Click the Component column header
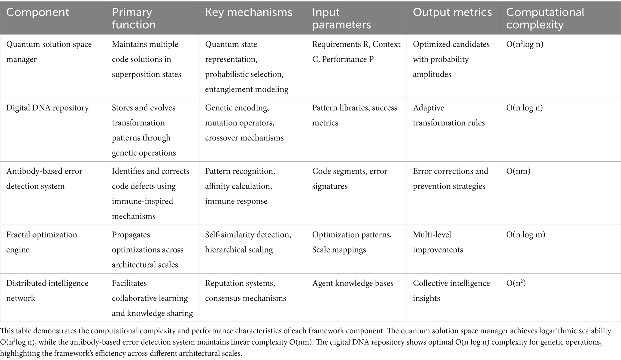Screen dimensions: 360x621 point(38,12)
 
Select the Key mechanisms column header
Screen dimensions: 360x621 point(248,12)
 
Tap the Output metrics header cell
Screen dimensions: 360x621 point(452,12)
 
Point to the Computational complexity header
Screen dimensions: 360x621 point(545,18)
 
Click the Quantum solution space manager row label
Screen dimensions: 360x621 point(49,52)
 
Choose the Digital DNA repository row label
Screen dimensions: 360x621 point(47,108)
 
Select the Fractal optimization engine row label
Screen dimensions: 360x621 point(41,242)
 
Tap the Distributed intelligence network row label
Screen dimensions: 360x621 point(47,291)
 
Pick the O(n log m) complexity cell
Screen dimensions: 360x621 point(526,235)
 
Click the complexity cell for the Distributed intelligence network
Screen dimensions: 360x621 point(516,283)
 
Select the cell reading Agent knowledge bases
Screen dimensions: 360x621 point(353,283)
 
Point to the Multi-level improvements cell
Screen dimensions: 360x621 point(438,242)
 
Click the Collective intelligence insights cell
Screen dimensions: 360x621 point(451,291)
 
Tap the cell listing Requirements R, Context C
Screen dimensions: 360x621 point(356,52)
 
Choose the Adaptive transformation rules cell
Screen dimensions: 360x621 point(449,115)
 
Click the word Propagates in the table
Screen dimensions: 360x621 point(131,235)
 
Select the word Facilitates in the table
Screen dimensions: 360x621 point(129,283)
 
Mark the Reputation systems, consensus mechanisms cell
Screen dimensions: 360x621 point(245,291)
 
